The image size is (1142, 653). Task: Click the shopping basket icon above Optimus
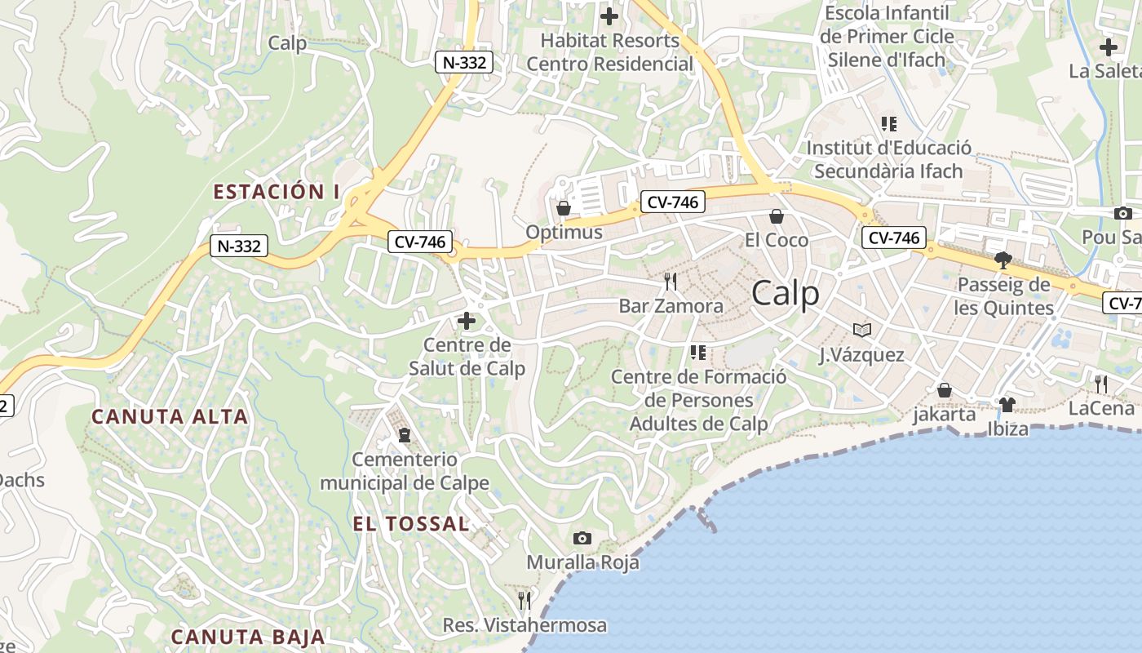(x=563, y=208)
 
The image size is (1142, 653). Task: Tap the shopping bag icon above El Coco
(x=777, y=216)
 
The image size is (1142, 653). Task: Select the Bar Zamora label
(x=671, y=306)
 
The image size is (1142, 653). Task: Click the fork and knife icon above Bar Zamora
(x=671, y=282)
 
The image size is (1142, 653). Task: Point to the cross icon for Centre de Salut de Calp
(x=467, y=321)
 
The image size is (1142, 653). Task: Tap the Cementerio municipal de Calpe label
(x=404, y=471)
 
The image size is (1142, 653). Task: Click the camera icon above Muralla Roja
(x=582, y=538)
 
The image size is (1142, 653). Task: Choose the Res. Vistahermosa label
(x=525, y=625)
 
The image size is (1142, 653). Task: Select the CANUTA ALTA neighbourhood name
(x=170, y=416)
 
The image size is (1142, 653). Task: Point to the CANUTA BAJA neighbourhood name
(x=248, y=637)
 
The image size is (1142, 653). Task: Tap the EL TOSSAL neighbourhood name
(x=411, y=524)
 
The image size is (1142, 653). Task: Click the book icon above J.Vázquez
(x=862, y=330)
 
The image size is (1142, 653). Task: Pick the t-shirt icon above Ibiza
(x=1007, y=404)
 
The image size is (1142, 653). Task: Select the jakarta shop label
(x=944, y=414)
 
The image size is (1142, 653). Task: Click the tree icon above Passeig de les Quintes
(x=1003, y=260)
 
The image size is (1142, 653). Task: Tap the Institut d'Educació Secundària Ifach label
(x=888, y=159)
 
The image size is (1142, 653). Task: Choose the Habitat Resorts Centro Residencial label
(x=610, y=51)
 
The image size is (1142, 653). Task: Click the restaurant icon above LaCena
(x=1101, y=384)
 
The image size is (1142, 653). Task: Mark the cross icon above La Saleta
(x=1108, y=47)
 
